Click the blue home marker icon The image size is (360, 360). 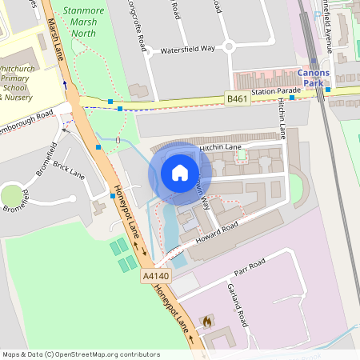click(x=180, y=172)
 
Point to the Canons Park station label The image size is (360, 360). click(x=313, y=78)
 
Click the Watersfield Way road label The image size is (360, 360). click(x=188, y=49)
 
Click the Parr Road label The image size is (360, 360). click(x=251, y=266)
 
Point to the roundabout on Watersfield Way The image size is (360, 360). click(x=228, y=46)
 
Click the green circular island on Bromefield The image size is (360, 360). click(x=12, y=194)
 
